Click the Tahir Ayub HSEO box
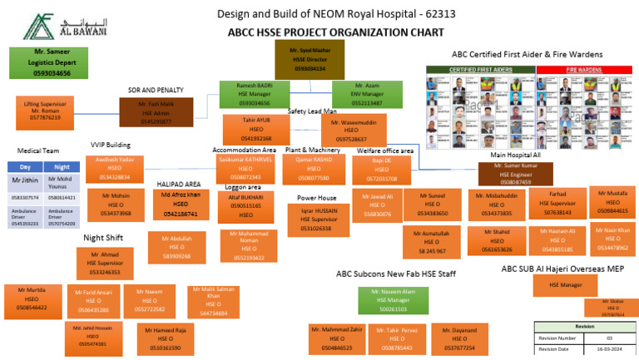pyautogui.click(x=256, y=130)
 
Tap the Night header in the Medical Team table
pyautogui.click(x=62, y=166)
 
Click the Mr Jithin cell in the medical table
pyautogui.click(x=26, y=181)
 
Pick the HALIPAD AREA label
pyautogui.click(x=179, y=184)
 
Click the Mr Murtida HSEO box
pyautogui.click(x=32, y=298)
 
